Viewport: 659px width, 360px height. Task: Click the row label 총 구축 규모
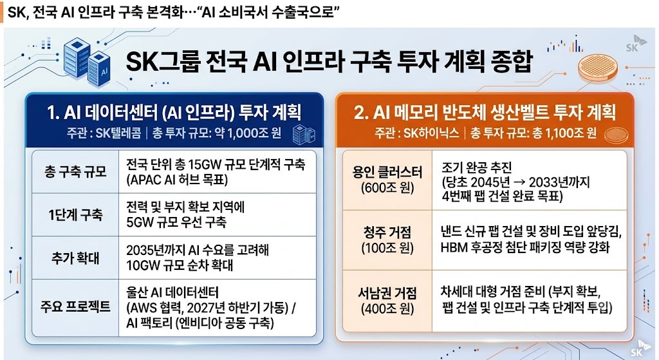click(76, 171)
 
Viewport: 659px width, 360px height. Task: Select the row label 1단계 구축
click(76, 215)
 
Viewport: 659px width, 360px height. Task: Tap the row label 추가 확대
click(76, 258)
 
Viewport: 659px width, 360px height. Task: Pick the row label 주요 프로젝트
click(76, 306)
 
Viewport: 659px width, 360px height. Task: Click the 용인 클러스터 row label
click(387, 171)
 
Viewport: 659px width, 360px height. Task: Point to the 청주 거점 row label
click(387, 232)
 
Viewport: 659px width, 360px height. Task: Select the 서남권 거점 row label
click(387, 293)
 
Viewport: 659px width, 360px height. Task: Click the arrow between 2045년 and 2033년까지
click(519, 182)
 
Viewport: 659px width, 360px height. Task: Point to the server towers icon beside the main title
click(87, 62)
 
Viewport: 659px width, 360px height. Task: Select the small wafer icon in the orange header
click(616, 135)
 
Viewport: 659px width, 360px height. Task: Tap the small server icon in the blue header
click(304, 135)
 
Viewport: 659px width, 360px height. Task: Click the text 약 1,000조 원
click(248, 133)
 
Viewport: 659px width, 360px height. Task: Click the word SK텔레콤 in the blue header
click(118, 133)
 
